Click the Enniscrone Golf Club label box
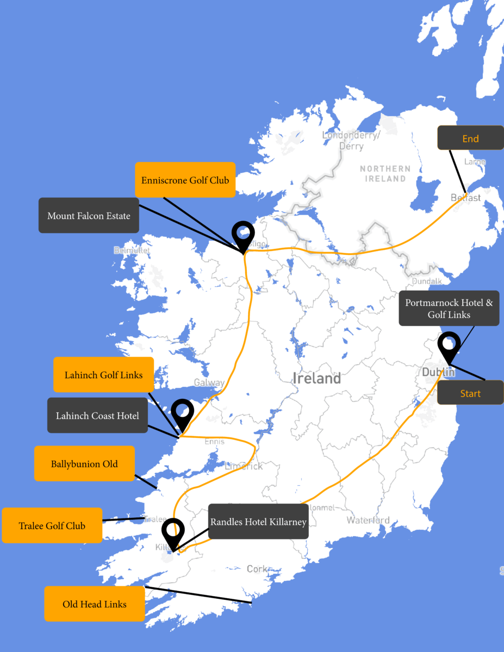(185, 180)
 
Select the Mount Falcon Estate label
(89, 216)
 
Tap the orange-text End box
(470, 139)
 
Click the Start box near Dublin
(470, 393)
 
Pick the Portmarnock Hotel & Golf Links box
(449, 309)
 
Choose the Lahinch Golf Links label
(103, 375)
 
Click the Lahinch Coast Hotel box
(97, 416)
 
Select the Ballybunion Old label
(84, 464)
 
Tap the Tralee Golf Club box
(52, 525)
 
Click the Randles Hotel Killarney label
(258, 522)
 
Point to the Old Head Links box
(94, 604)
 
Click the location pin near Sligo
(243, 234)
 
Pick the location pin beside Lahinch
(182, 413)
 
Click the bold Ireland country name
(316, 378)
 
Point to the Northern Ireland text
(385, 173)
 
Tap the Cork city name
(257, 569)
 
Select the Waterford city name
(368, 521)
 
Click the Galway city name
(209, 383)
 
